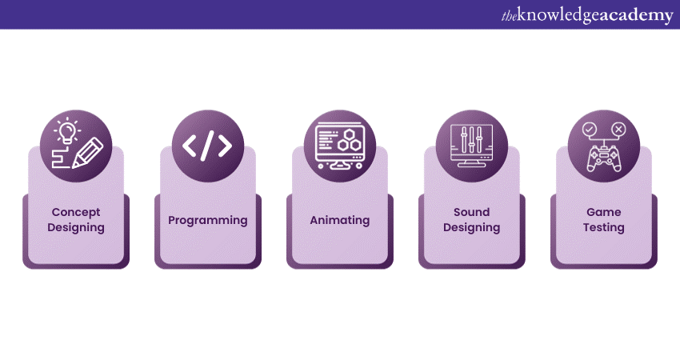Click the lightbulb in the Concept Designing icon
pos(67,131)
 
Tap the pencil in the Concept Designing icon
pos(88,153)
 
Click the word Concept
pos(76,212)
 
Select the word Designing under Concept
pos(76,227)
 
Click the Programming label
pos(208,220)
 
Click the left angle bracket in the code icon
pos(190,146)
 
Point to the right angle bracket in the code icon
pos(225,146)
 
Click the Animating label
pos(340,220)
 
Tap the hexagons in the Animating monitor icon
pos(350,142)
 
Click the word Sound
pos(471,212)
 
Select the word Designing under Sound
pos(471,227)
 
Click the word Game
pos(604,212)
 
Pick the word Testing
pos(604,227)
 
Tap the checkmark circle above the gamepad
pos(590,128)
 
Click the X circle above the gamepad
pos(618,128)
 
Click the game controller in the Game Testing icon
pos(604,158)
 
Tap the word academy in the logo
pos(636,15)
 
